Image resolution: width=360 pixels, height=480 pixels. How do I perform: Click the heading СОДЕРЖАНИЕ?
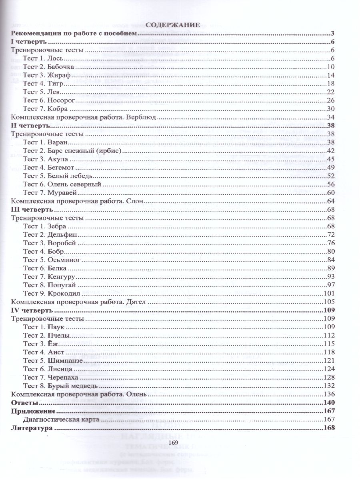[173, 25]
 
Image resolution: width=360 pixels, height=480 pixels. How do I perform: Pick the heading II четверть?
[28, 126]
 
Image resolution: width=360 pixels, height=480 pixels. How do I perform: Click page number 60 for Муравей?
[330, 192]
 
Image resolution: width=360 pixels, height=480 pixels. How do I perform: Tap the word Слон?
[137, 201]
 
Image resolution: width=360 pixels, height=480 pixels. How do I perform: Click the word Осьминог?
[64, 260]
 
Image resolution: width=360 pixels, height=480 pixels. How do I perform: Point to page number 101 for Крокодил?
[328, 294]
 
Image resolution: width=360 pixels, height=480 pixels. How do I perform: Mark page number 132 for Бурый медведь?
[328, 386]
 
